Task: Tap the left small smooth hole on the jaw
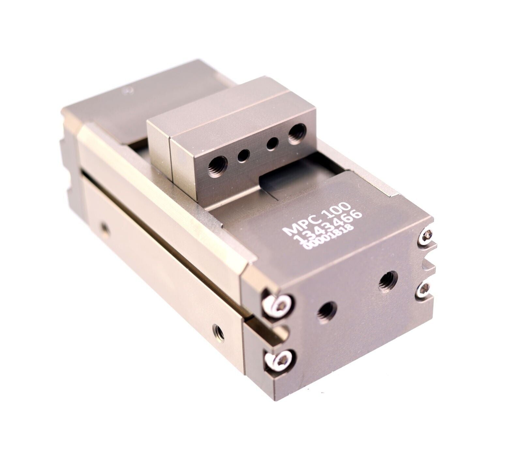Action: point(243,156)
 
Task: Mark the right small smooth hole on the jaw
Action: point(272,144)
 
